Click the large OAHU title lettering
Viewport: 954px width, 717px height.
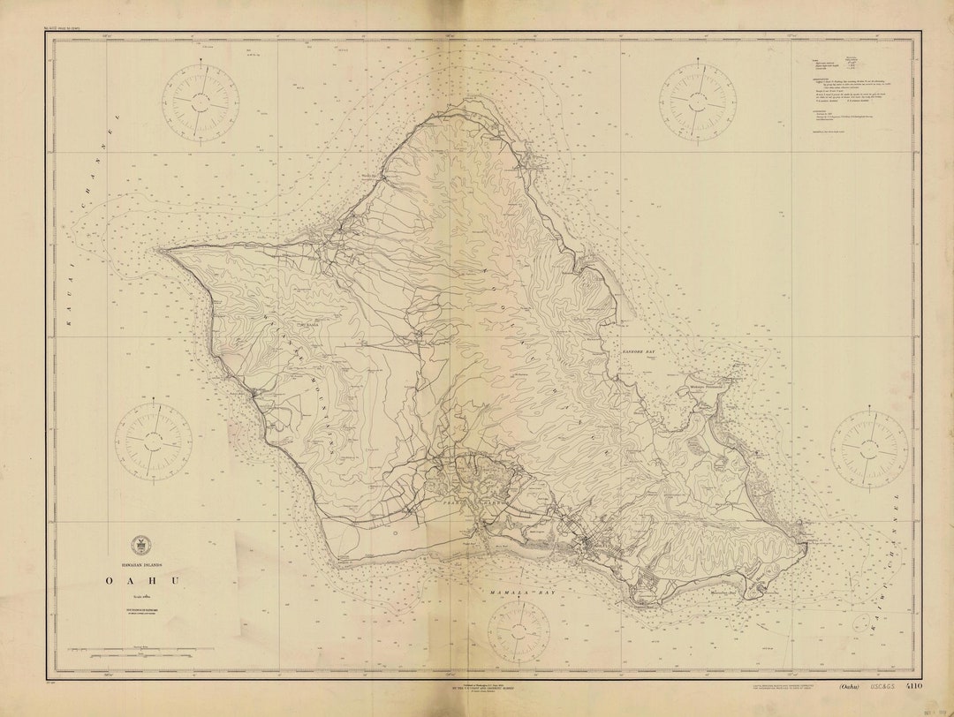click(142, 580)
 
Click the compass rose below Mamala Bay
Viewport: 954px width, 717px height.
click(519, 631)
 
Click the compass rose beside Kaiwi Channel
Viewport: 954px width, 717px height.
click(868, 449)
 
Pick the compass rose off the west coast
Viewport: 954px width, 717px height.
click(154, 439)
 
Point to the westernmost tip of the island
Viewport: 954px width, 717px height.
click(161, 250)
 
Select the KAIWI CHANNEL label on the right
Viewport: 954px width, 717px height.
click(894, 565)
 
